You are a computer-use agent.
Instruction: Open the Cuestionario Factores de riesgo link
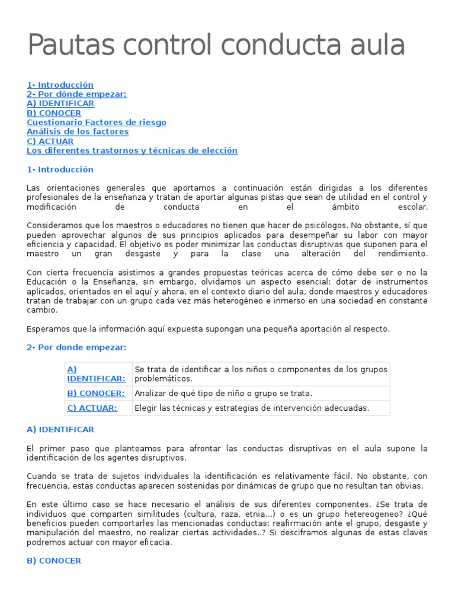click(x=97, y=122)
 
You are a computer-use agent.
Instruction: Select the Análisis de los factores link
click(x=78, y=132)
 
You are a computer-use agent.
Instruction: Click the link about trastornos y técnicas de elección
click(x=132, y=151)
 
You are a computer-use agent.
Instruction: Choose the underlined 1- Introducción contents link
click(x=60, y=85)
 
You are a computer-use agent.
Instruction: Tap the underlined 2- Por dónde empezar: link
click(x=77, y=94)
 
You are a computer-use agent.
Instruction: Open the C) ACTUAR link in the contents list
click(x=50, y=141)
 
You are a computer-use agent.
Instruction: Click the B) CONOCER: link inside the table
click(x=96, y=393)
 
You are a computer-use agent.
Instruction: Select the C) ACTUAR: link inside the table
click(x=92, y=408)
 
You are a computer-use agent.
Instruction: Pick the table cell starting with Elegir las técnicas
click(x=252, y=408)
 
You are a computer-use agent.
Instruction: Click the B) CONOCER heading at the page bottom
click(x=54, y=561)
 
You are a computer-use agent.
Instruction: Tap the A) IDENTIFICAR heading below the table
click(x=60, y=429)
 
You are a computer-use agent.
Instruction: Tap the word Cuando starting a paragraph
click(x=40, y=477)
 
